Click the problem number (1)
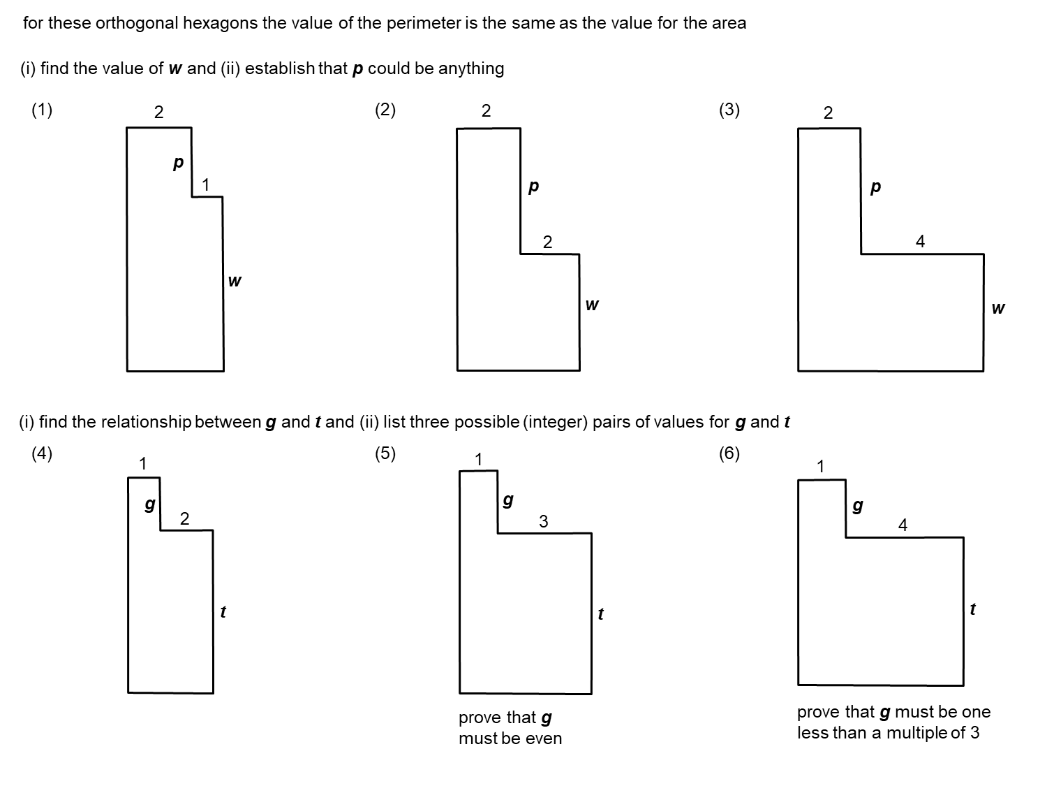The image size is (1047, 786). [42, 110]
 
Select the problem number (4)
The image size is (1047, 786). [42, 453]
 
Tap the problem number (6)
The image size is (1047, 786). [729, 453]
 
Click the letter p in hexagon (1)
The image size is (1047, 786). [178, 163]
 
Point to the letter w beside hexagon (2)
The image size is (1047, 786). [591, 305]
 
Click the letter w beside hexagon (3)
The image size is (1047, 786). [998, 307]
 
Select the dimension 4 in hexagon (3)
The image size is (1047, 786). [920, 242]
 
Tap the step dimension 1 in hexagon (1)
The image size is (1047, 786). [205, 185]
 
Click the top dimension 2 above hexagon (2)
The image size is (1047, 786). [486, 110]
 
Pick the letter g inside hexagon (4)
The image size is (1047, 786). [149, 504]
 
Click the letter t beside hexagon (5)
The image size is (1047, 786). [600, 614]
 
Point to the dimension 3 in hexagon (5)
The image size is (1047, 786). [544, 521]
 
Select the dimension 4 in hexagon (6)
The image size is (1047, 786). [903, 525]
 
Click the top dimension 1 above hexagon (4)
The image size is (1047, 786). [142, 463]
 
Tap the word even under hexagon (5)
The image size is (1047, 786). [544, 739]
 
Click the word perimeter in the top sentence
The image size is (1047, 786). [427, 23]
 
